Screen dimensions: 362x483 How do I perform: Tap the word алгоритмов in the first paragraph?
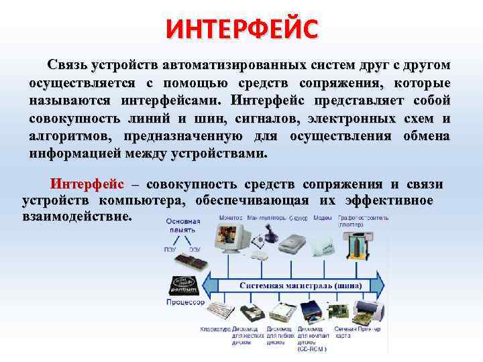coord(62,136)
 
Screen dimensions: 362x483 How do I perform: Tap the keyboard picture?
coord(217,312)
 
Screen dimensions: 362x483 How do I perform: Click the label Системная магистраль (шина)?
coord(301,285)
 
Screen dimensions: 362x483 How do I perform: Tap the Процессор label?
coord(185,302)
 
